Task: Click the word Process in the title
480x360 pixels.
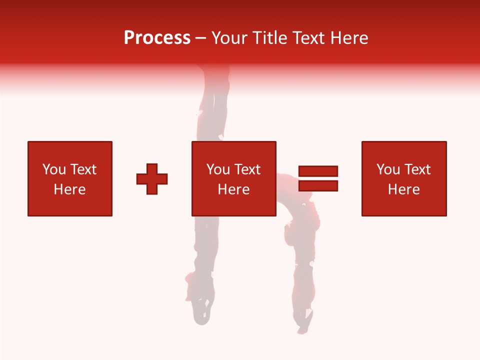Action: [157, 38]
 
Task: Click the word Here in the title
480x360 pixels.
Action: [350, 38]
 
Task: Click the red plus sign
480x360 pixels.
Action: [152, 179]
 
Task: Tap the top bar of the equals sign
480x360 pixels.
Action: [318, 171]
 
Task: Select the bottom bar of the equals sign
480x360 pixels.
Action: [318, 186]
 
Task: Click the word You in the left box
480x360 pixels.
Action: [53, 169]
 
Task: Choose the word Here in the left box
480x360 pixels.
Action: [69, 189]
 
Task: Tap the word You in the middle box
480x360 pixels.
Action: [218, 169]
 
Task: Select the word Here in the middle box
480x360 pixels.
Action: [233, 189]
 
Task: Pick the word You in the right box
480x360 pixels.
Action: [388, 169]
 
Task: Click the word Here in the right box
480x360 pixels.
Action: [403, 189]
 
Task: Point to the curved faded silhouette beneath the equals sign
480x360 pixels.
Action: [302, 240]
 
